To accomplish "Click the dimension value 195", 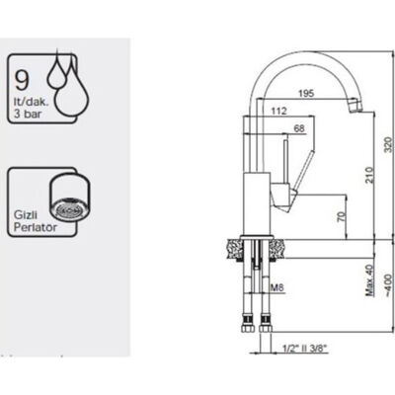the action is coord(306,93).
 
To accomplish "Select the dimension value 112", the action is coord(278,111).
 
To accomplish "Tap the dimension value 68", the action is coord(299,128).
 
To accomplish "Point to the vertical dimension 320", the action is coord(389,143).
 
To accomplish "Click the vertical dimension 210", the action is coord(369,175).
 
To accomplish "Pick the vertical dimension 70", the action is coord(343,216).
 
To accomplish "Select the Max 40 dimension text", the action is coord(370,280).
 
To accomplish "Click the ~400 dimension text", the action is coord(389,284).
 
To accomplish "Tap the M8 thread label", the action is coord(277,288).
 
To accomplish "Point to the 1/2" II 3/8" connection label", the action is coord(306,348).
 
